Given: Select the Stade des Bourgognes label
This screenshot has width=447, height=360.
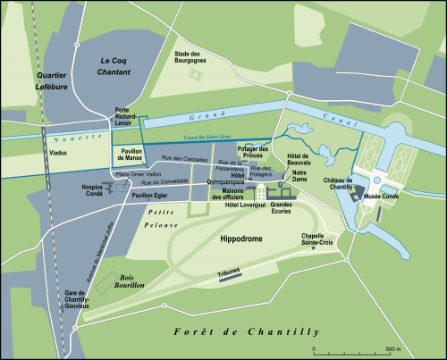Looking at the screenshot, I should pyautogui.click(x=190, y=58).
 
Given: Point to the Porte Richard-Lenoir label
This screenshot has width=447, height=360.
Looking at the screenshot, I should pyautogui.click(x=124, y=116).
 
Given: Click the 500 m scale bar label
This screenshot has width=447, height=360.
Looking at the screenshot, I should pyautogui.click(x=392, y=347).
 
